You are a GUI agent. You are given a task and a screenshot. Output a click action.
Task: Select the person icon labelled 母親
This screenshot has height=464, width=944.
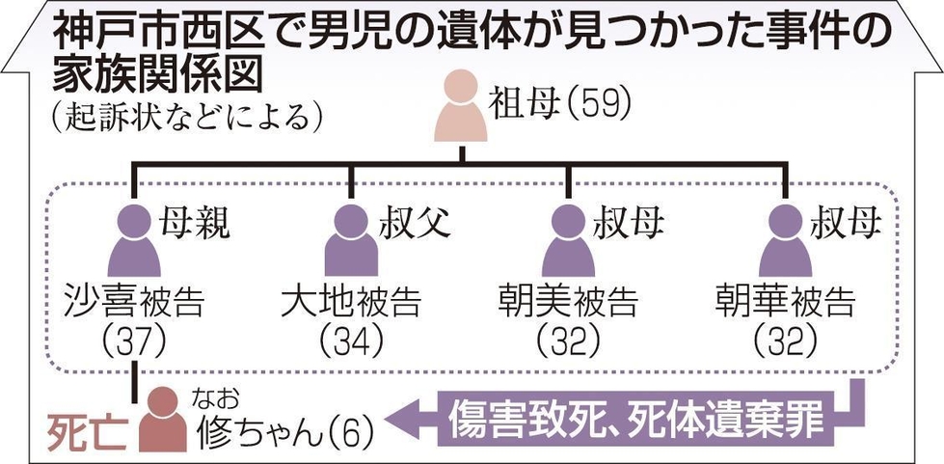point(133,242)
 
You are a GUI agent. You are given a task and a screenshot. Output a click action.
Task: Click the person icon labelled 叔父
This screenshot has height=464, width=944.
point(351,242)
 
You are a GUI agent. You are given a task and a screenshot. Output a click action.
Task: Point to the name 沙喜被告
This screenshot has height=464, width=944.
point(135,302)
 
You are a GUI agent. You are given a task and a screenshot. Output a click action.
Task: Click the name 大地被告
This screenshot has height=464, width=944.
point(351,302)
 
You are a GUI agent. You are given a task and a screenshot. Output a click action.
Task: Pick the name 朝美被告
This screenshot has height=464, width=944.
point(568,302)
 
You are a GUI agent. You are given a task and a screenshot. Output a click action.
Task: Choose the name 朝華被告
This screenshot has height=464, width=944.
point(785,302)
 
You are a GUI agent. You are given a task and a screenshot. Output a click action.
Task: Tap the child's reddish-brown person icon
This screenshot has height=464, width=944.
point(164,420)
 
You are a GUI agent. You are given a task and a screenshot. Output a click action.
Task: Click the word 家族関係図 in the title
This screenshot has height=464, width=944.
point(159,76)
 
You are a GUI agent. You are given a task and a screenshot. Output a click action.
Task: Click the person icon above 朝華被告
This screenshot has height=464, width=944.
point(785,242)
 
